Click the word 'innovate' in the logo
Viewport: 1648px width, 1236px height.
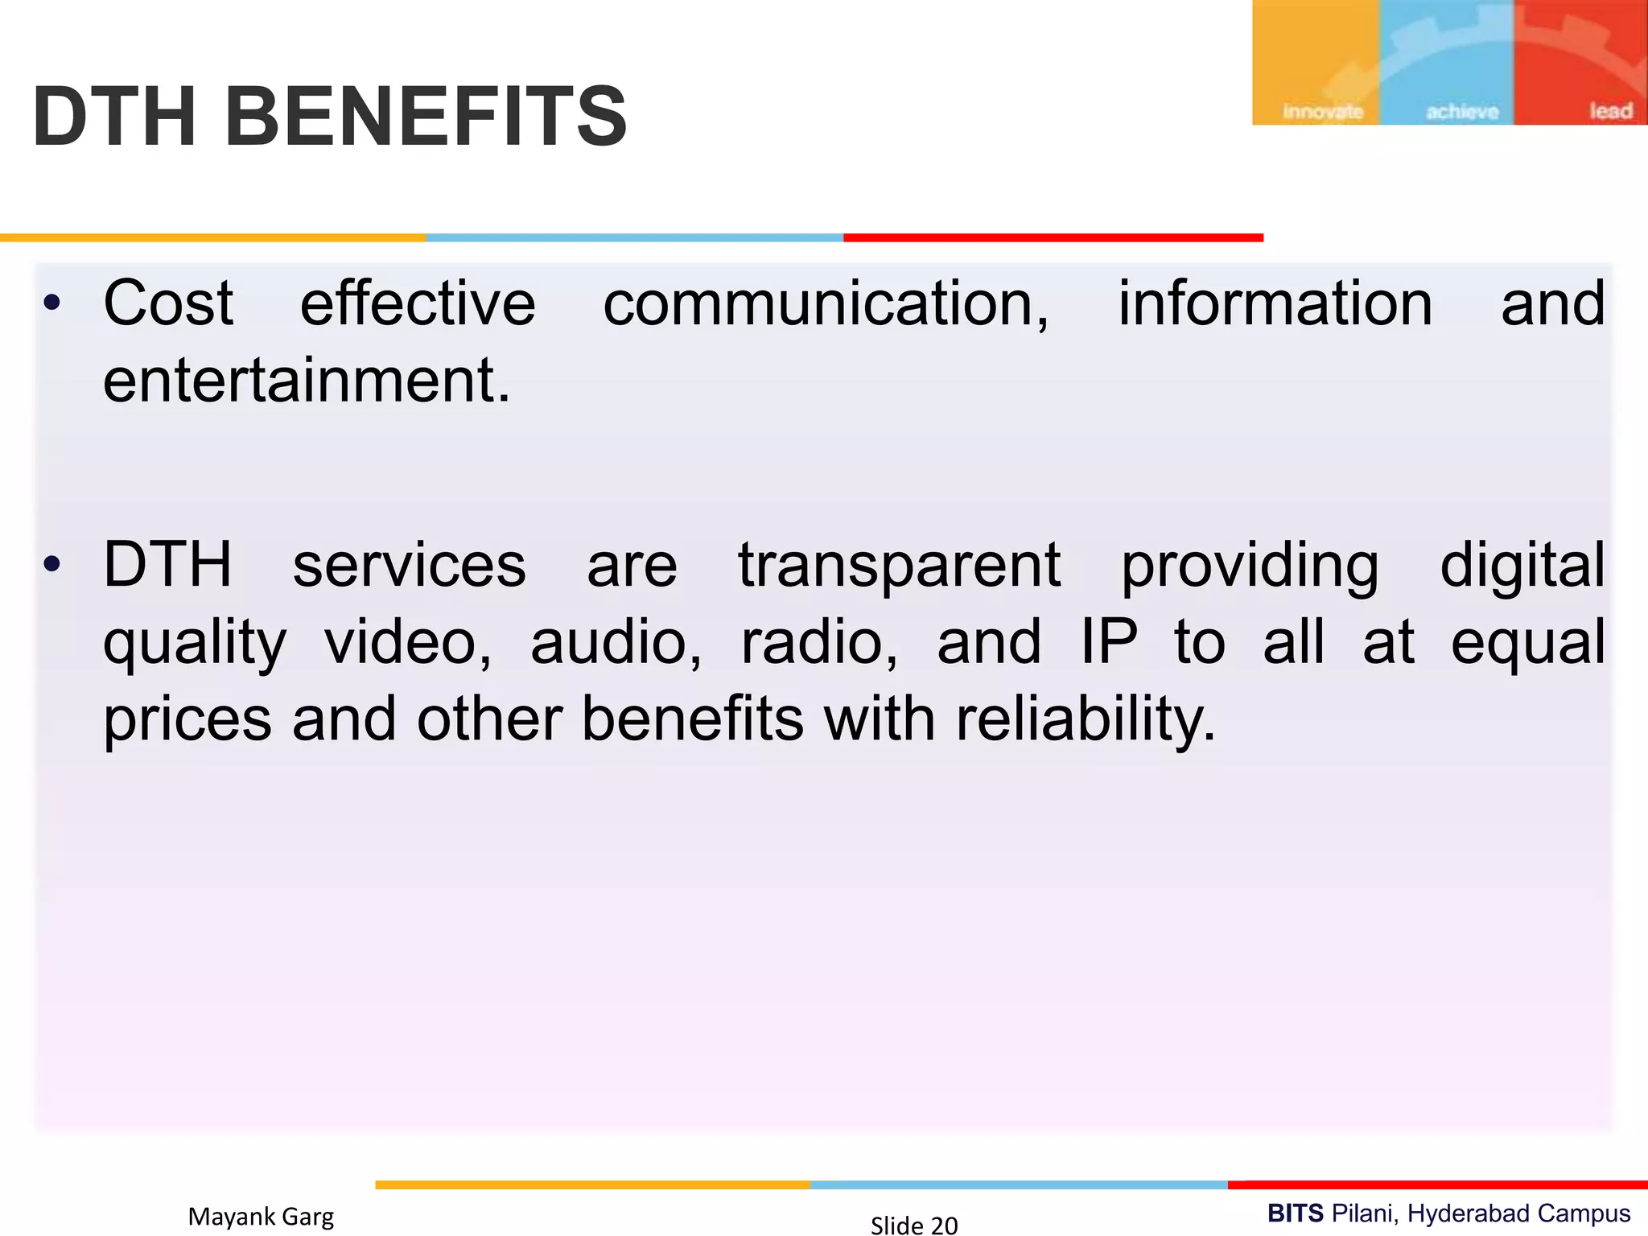coord(1322,111)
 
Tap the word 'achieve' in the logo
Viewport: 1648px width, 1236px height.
coord(1462,111)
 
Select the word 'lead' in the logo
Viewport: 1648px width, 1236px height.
coord(1610,110)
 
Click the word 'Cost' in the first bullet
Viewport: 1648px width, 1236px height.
coord(168,303)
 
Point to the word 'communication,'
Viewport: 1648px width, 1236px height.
coord(826,303)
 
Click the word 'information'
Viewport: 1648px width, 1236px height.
coord(1275,303)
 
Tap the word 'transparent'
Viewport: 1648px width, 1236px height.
coord(899,565)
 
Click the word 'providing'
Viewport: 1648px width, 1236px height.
coord(1250,566)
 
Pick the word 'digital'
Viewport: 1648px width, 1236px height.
coord(1522,565)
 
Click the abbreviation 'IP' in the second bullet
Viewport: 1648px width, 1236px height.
coord(1108,641)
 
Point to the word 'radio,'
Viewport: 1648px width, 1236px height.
coord(818,642)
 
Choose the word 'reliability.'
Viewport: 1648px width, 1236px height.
coord(1086,719)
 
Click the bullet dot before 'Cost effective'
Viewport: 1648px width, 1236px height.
coord(52,303)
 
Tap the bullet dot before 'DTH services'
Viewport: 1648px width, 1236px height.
coord(52,565)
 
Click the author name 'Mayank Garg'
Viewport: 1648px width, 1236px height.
coord(261,1217)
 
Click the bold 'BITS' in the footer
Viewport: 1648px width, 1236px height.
coord(1295,1213)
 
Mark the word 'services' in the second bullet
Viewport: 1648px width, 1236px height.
coord(409,565)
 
